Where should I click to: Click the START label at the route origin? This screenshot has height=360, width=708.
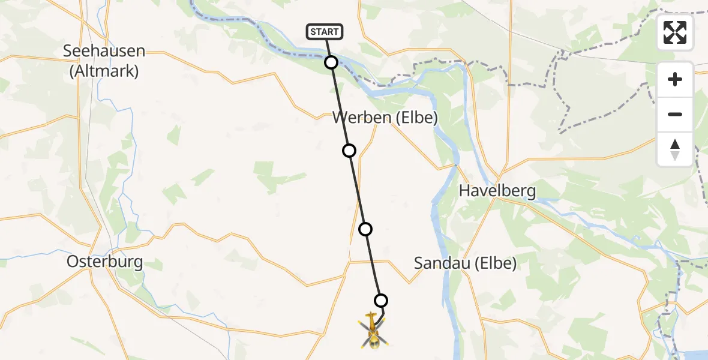tap(325, 32)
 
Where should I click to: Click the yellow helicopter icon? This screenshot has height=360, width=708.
tap(373, 331)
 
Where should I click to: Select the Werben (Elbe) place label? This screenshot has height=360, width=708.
tap(385, 118)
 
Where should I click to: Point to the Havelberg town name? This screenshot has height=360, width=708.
tap(497, 191)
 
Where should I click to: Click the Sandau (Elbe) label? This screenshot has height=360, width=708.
tap(466, 263)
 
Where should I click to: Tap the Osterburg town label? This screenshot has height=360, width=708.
tap(105, 262)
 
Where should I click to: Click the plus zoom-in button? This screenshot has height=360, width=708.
tap(675, 79)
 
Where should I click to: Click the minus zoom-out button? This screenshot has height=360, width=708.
tap(675, 114)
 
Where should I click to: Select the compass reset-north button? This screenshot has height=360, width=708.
tap(675, 149)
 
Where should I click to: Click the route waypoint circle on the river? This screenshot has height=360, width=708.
tap(331, 62)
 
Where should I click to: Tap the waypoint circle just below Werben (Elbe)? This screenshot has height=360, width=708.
tap(349, 150)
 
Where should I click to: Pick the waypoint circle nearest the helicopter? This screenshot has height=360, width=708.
tap(380, 300)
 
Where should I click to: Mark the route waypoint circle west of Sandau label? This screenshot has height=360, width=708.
tap(365, 229)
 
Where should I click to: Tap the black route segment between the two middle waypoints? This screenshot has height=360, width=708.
tap(357, 190)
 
